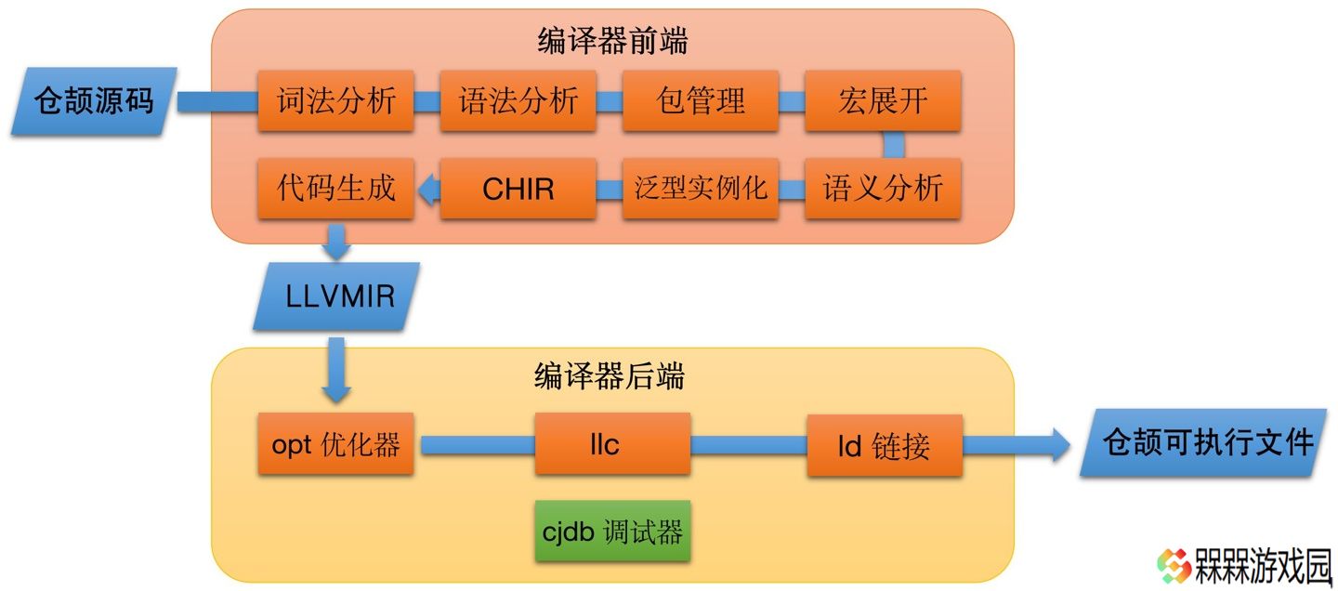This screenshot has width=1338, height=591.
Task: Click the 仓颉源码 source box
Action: [94, 101]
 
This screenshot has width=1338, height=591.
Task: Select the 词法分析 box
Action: [335, 100]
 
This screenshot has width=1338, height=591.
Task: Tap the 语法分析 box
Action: [518, 100]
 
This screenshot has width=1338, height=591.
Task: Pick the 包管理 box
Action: [700, 100]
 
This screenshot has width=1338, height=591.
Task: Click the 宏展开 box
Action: [883, 100]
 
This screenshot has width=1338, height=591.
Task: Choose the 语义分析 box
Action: [883, 189]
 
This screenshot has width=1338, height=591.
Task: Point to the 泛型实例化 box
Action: [700, 189]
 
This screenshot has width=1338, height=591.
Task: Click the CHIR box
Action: [518, 189]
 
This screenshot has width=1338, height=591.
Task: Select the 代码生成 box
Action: [335, 189]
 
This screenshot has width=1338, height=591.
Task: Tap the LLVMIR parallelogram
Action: [336, 296]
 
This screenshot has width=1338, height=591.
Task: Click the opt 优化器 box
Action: [335, 444]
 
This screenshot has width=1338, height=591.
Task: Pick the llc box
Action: [613, 444]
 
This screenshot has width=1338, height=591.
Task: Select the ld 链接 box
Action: [885, 445]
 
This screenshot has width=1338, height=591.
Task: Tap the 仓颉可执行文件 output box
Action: [1208, 443]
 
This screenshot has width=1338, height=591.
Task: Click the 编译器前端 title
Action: [613, 41]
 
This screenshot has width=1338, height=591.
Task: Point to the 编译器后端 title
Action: [610, 376]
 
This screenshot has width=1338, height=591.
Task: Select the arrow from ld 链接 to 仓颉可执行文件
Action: [1017, 445]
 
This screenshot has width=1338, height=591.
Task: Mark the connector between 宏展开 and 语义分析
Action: [894, 145]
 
